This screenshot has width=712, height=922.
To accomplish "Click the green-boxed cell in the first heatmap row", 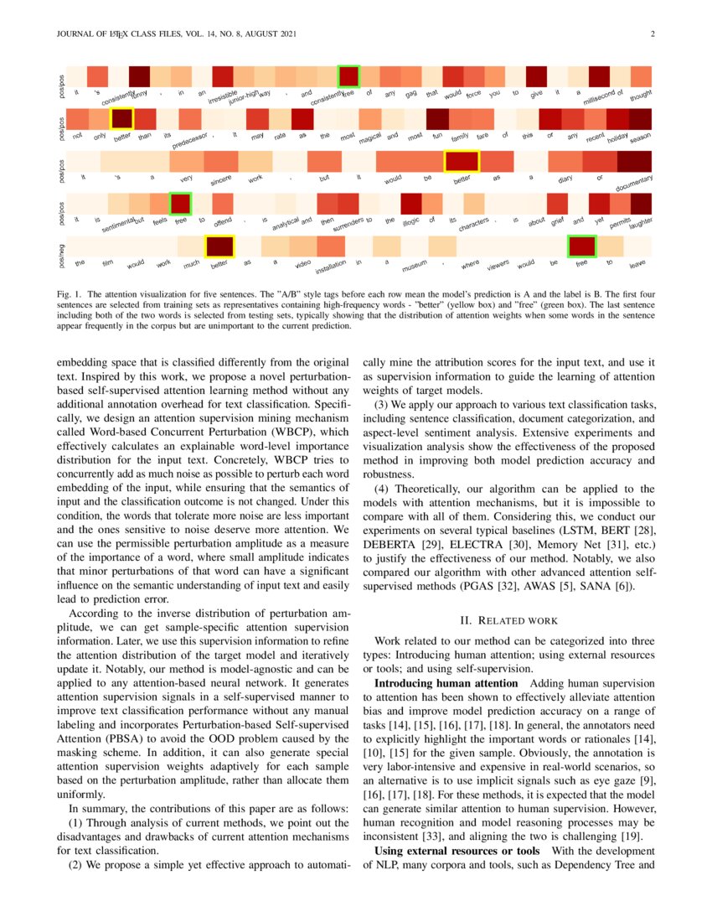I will (348, 76).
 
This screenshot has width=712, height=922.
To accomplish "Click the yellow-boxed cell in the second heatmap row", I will (122, 118).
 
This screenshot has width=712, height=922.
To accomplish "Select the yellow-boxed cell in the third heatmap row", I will (461, 161).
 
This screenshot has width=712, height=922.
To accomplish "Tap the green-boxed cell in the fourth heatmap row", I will (180, 203).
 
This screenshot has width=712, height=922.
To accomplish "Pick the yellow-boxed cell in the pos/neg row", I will (220, 246).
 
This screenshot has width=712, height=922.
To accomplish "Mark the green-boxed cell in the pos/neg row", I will (581, 246).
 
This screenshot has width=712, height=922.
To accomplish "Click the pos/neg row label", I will (62, 246).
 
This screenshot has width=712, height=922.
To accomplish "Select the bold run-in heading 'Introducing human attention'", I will (446, 683).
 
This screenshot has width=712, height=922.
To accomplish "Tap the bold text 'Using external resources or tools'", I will (457, 850).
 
